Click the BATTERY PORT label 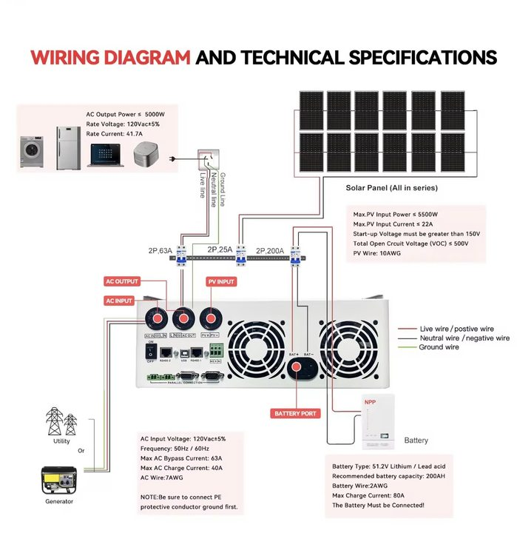pos(296,413)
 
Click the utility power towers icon pos(61,421)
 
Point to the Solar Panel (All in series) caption pos(391,188)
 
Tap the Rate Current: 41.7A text pos(114,134)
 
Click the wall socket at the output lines pos(209,158)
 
